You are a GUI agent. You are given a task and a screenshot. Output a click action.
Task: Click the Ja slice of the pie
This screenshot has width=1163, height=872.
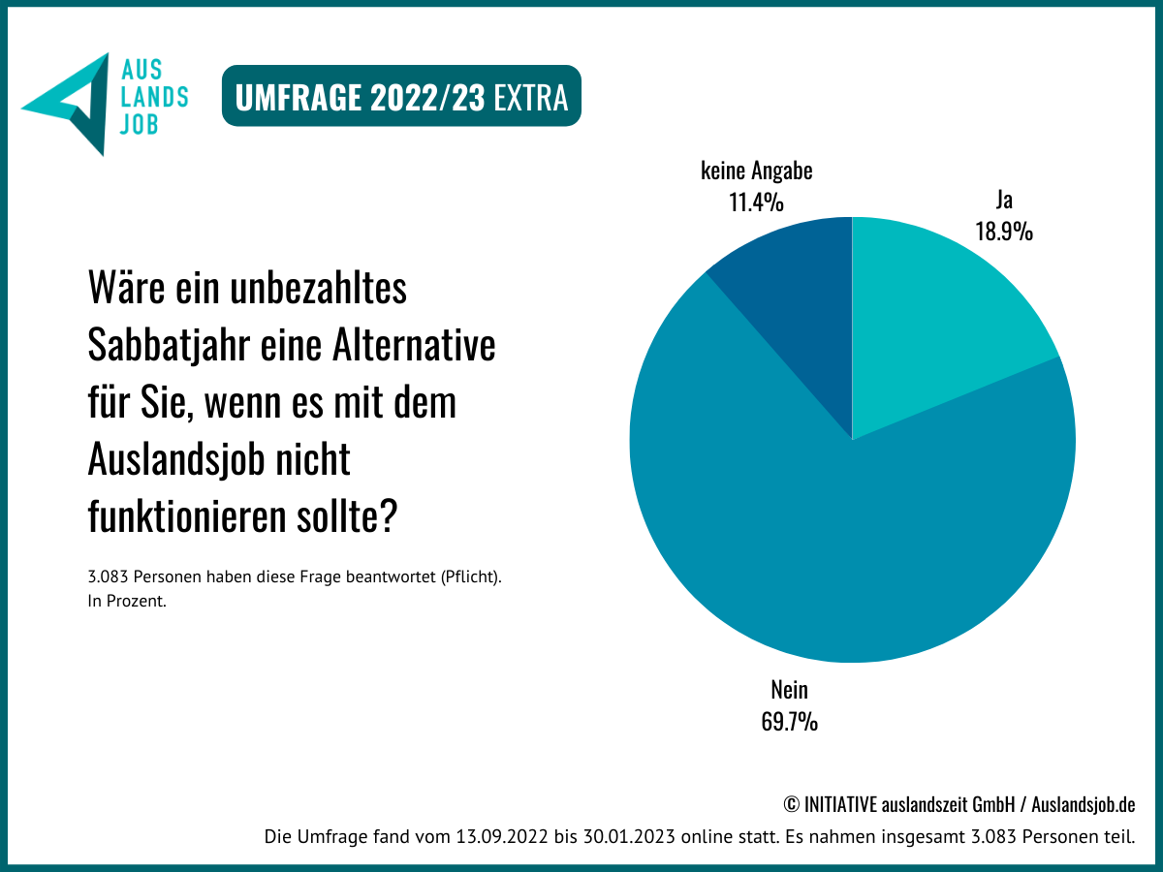click(940, 320)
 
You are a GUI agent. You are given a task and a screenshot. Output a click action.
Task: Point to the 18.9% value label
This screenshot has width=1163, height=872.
click(1004, 232)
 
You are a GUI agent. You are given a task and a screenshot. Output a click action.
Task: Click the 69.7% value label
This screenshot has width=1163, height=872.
click(789, 722)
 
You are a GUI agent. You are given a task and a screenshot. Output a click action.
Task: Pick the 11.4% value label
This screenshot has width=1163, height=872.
click(756, 202)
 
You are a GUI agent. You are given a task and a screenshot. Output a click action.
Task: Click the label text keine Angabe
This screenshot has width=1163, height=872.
click(756, 171)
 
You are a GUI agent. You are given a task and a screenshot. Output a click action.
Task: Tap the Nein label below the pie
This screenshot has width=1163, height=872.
click(789, 691)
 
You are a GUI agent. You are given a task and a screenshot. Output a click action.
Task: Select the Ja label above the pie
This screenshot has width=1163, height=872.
click(1004, 201)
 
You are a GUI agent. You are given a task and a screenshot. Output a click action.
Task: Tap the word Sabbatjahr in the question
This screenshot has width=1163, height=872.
click(170, 345)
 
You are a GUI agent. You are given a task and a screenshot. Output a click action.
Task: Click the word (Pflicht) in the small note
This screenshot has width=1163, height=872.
click(470, 577)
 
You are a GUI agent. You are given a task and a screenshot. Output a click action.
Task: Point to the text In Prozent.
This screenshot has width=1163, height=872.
click(127, 601)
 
